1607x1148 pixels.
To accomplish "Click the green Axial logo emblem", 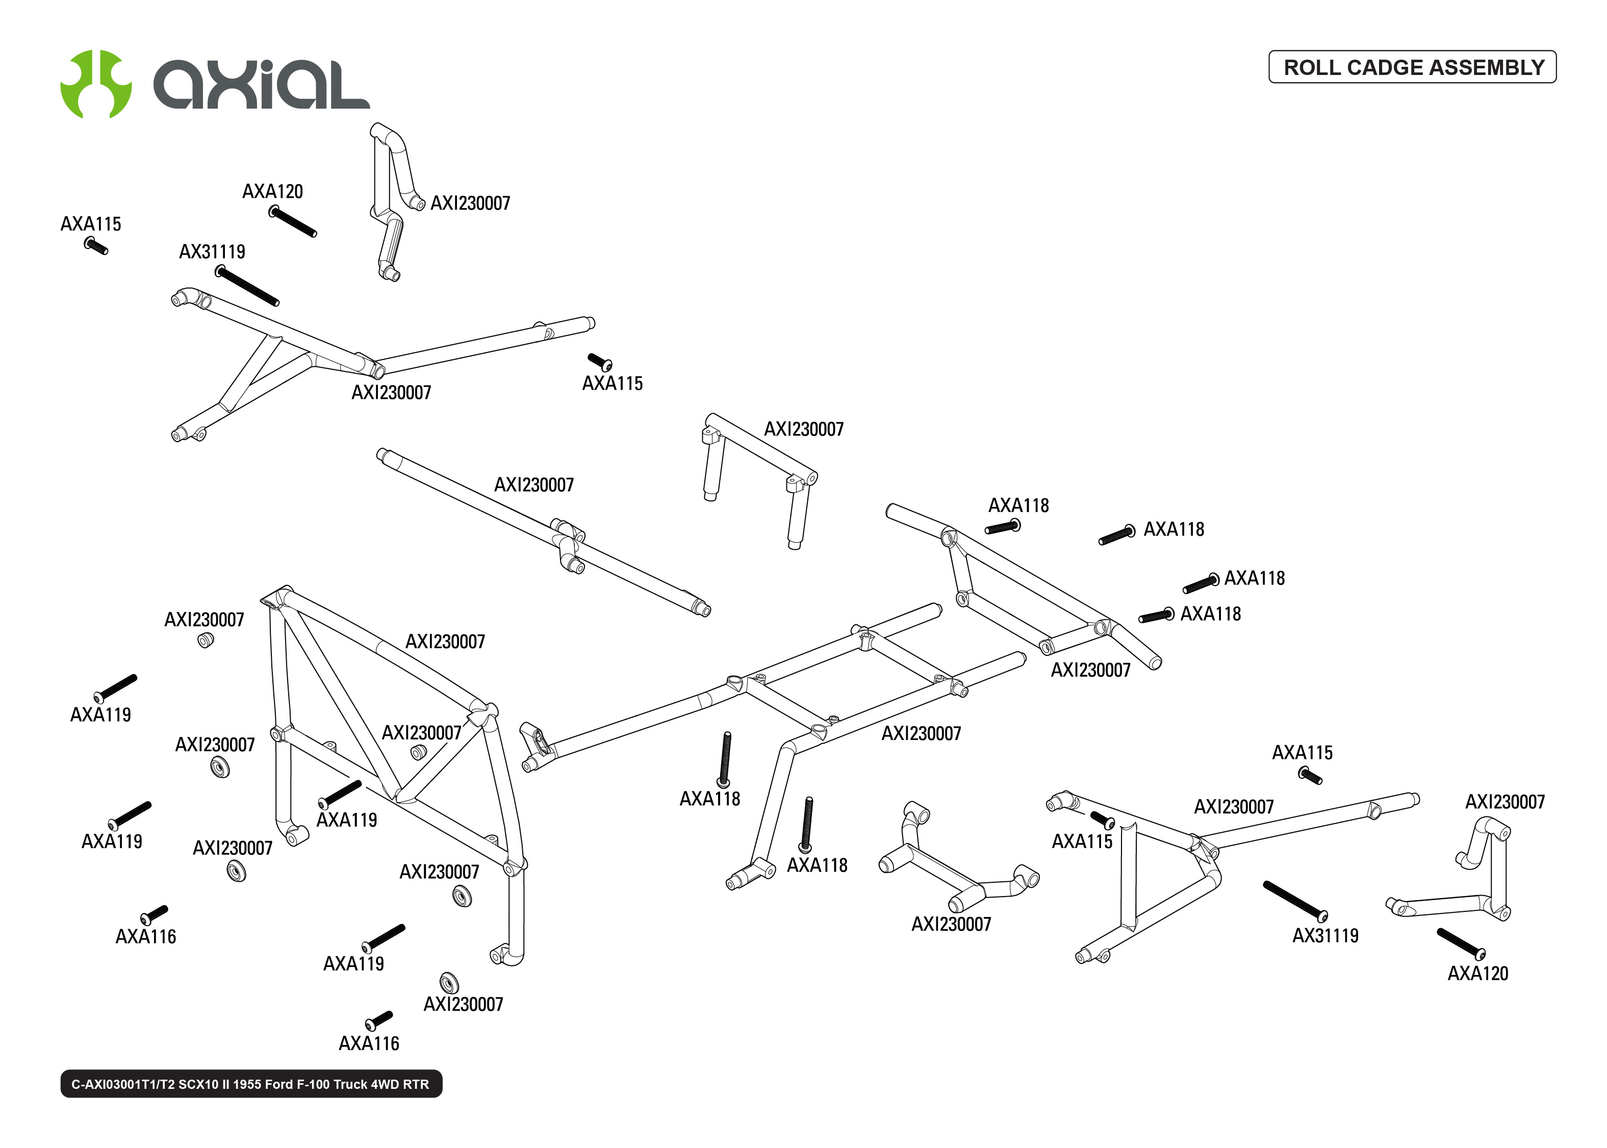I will (x=95, y=84).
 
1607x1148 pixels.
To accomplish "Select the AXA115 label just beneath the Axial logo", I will (x=90, y=224).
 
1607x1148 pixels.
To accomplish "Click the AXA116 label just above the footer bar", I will (x=369, y=1043).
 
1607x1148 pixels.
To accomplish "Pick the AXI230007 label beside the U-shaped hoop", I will (x=804, y=429).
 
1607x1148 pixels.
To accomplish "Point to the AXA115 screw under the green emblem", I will (x=95, y=246).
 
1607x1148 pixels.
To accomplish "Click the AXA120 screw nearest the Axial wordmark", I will (x=293, y=221).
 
